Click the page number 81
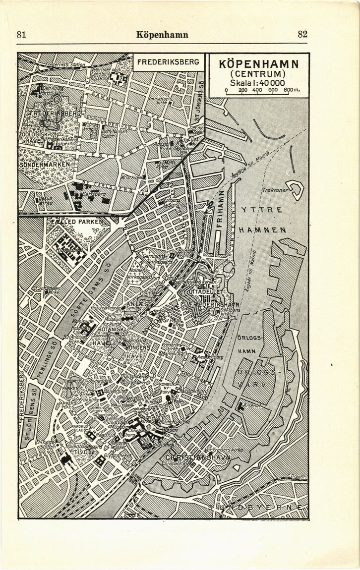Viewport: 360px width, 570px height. [x=21, y=34]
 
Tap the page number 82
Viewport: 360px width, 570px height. [x=302, y=34]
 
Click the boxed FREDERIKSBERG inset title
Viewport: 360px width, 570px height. [x=168, y=62]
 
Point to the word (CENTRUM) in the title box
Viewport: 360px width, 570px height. [x=258, y=74]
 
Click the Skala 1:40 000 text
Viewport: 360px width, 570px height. [x=258, y=82]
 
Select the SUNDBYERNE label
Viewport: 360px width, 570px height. [x=256, y=508]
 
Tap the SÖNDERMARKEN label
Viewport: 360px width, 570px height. [x=45, y=164]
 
